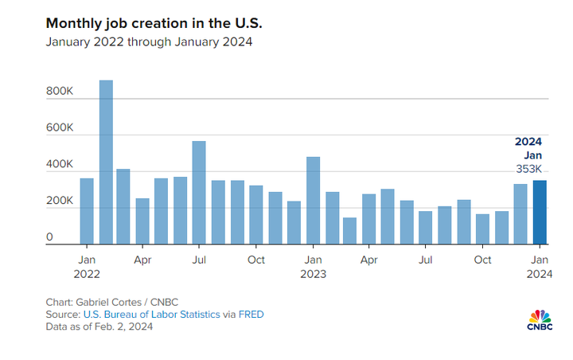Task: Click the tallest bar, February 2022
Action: point(106,162)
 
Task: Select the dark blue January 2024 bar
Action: point(540,213)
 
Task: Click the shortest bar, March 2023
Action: point(350,231)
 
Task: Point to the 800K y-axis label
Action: point(60,92)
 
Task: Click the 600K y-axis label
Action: point(60,128)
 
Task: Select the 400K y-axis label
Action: point(60,165)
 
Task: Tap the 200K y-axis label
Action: point(60,202)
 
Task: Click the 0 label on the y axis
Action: point(50,237)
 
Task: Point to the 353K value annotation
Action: point(529,168)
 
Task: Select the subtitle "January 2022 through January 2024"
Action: point(149,41)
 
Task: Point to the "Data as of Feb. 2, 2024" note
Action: point(99,327)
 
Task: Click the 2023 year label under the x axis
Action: point(313,274)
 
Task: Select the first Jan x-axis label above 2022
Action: point(87,260)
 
